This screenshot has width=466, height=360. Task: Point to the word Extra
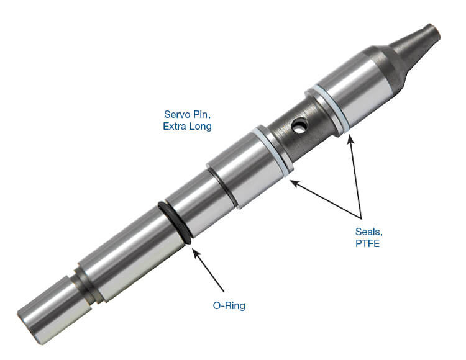(x=175, y=127)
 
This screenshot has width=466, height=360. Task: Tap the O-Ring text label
(x=229, y=305)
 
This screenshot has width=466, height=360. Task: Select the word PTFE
(x=367, y=244)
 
